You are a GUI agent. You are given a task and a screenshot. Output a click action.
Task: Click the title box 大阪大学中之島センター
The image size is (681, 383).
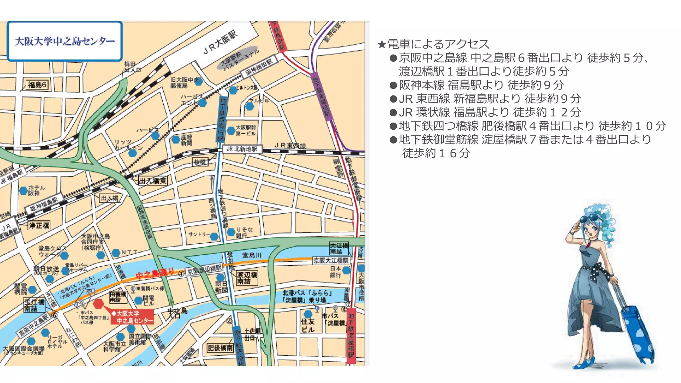pos(65,41)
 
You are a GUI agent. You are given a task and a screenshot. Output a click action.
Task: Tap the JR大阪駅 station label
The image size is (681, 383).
pos(220,43)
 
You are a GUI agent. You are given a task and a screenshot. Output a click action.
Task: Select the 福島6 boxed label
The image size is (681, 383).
pos(37,85)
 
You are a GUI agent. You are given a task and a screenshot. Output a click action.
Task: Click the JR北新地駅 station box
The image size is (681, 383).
pos(242,149)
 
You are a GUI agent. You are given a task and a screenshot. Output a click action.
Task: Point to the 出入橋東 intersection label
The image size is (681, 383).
pos(153,181)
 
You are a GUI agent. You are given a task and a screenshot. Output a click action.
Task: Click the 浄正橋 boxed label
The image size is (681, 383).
pos(39,225)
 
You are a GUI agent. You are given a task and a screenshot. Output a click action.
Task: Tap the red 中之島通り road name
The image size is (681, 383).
pos(155,274)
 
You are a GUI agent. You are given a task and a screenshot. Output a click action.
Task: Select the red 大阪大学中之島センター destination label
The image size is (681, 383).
pos(132,317)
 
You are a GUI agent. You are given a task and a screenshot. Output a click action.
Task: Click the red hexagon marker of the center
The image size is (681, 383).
pos(98,303)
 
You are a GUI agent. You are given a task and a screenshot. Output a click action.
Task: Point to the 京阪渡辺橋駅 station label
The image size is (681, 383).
pos(204,269)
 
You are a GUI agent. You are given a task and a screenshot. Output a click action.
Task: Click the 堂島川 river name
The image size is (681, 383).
pos(252,255)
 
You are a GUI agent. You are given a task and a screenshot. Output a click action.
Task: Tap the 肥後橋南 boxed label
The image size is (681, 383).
pos(220,348)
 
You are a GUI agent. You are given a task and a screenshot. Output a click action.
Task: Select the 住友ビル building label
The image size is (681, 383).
pos(308,325)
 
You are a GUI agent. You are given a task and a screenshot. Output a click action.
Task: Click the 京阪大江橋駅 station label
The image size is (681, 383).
pos(331,260)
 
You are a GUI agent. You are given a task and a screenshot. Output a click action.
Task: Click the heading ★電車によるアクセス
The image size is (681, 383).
pos(433,44)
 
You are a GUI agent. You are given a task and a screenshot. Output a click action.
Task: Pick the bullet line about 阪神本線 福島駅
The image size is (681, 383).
pos(477,85)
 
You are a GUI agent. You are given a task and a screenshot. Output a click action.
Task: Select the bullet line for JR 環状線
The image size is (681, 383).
pos(485,112)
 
